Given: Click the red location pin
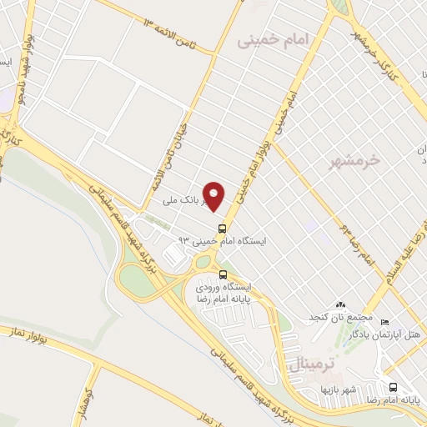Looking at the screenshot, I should [214, 195].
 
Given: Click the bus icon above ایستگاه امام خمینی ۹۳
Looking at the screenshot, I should [222, 228].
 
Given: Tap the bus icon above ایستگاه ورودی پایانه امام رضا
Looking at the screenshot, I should [222, 274].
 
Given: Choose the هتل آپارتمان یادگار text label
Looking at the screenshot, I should [394, 334].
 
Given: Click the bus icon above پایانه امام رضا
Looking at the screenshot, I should [393, 386].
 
